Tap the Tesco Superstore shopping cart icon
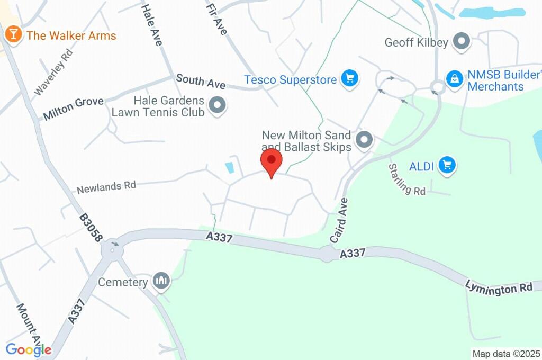pyautogui.click(x=349, y=79)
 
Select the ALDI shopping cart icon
pyautogui.click(x=447, y=166)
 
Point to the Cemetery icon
pyautogui.click(x=161, y=281)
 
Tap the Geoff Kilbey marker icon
pyautogui.click(x=463, y=42)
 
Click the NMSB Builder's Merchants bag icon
pyautogui.click(x=454, y=80)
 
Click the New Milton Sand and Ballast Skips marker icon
pyautogui.click(x=364, y=140)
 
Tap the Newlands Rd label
pyautogui.click(x=106, y=187)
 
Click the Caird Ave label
pyautogui.click(x=339, y=221)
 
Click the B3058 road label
pyautogui.click(x=91, y=228)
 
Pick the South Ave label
pyautogui.click(x=201, y=82)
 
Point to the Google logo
pyautogui.click(x=29, y=349)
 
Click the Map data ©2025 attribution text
pyautogui.click(x=506, y=354)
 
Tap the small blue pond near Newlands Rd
pyautogui.click(x=230, y=168)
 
